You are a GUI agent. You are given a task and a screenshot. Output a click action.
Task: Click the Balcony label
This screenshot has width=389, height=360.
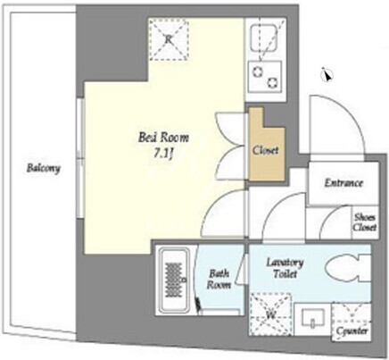(43, 168)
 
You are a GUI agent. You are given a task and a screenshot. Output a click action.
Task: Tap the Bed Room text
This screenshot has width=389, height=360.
(163, 138)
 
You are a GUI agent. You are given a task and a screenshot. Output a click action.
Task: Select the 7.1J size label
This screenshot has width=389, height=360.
(163, 154)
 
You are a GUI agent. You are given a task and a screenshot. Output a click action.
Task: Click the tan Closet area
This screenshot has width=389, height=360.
(267, 149)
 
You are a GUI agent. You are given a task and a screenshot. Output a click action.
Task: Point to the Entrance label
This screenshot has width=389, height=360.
(343, 182)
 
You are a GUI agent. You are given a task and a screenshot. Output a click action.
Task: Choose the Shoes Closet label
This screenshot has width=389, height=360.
(364, 222)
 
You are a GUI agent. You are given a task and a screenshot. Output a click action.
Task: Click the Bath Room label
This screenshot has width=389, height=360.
(219, 279)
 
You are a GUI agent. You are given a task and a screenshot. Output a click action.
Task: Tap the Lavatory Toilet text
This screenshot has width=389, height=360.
(285, 268)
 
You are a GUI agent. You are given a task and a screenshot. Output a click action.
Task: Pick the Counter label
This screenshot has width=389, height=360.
(352, 331)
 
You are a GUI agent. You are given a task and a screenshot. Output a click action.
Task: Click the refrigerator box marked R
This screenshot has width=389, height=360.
(169, 39)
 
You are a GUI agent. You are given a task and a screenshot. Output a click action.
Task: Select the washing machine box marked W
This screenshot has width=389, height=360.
(270, 314)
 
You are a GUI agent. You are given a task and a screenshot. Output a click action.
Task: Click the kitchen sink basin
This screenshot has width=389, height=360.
(264, 38)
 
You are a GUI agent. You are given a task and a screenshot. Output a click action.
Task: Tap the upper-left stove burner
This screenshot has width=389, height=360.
(257, 71)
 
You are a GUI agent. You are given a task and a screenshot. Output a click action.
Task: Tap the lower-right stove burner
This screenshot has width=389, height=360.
(272, 82)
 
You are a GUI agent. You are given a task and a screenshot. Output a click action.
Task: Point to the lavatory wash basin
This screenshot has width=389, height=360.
(313, 317)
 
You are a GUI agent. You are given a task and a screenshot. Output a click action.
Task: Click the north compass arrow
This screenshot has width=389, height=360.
(327, 74)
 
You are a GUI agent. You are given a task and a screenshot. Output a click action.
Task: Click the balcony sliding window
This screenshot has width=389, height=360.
(79, 158)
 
